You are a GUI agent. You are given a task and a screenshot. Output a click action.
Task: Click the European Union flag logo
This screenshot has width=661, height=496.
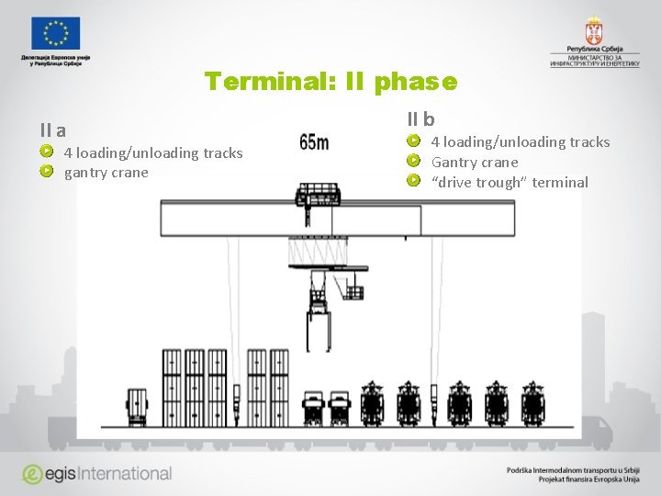[x=55, y=33]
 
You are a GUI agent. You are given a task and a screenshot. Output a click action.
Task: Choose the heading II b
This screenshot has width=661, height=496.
[x=421, y=119]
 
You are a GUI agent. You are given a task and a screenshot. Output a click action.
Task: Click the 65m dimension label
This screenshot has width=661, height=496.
[x=314, y=142]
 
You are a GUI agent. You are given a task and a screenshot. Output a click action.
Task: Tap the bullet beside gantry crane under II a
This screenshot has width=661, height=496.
[x=46, y=171]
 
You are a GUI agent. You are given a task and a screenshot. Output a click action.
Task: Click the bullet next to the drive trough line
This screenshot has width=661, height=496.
[x=413, y=180]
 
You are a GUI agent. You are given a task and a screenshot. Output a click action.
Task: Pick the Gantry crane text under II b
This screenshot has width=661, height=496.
[x=474, y=162]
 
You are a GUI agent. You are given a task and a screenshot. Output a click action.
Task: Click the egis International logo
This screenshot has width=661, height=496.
[x=97, y=474]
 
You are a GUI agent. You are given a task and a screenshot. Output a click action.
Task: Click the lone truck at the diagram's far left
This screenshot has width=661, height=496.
[x=137, y=406]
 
